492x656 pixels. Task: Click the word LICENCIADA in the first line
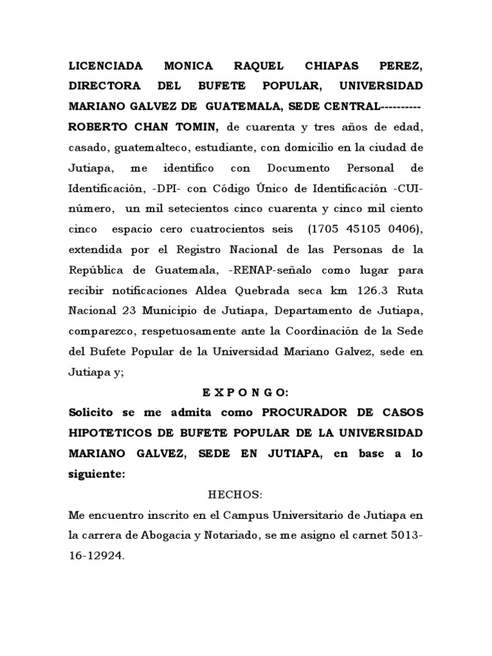point(106,66)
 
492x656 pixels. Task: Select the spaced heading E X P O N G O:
point(245,392)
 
